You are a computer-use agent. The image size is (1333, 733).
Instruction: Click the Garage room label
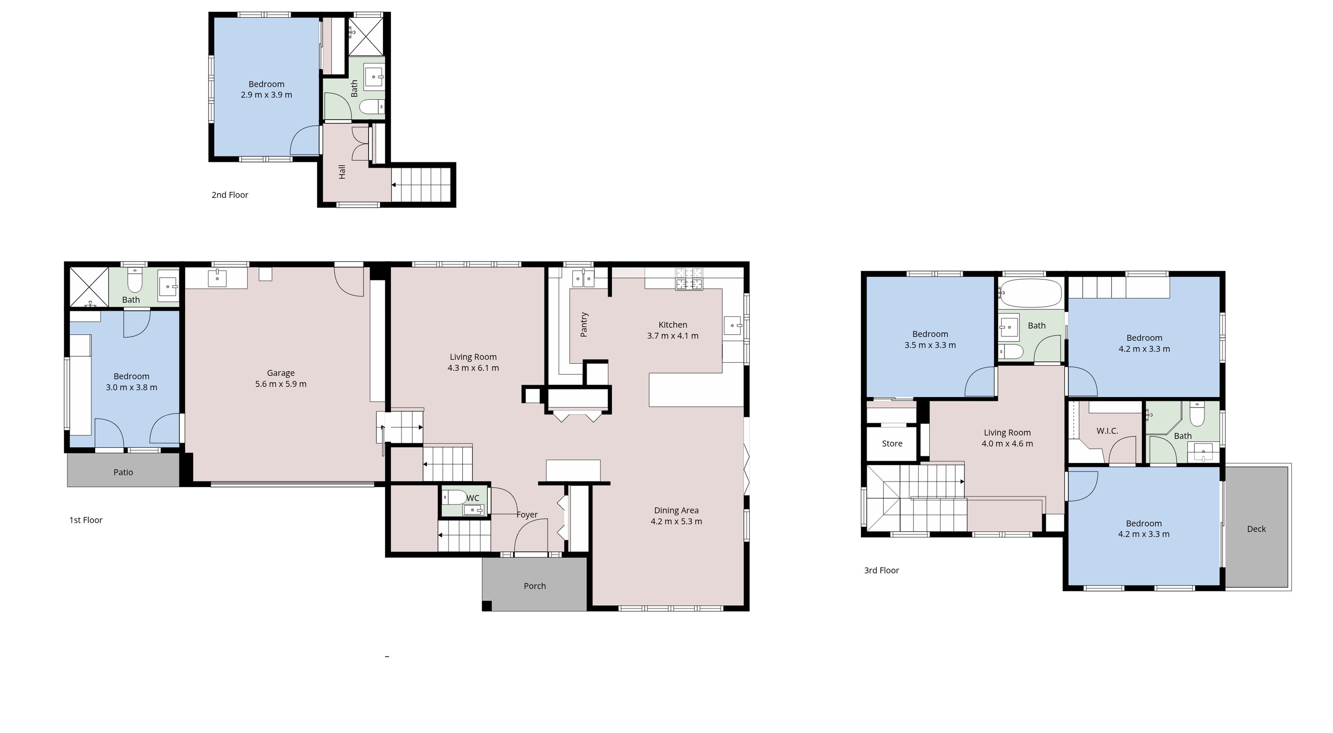click(281, 373)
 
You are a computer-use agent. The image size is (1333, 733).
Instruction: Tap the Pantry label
click(584, 324)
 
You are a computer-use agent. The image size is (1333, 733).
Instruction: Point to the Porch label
click(535, 586)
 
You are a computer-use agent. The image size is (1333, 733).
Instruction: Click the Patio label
click(123, 472)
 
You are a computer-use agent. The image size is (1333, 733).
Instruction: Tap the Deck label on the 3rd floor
click(1256, 529)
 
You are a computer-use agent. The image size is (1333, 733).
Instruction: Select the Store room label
click(891, 444)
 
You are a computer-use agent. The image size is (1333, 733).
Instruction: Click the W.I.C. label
click(1107, 431)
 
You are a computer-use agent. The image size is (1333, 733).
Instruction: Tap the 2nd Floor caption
click(230, 195)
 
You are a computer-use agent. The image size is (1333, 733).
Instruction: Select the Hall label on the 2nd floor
click(342, 172)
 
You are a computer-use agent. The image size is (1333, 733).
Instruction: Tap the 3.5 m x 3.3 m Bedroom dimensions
click(930, 345)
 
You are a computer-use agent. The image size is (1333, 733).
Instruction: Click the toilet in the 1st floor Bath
click(135, 280)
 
